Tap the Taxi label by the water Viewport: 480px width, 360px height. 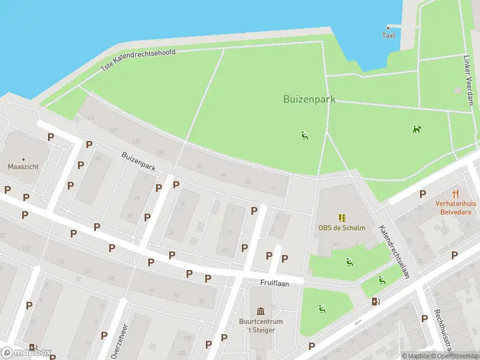389,35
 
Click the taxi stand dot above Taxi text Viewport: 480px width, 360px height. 389,27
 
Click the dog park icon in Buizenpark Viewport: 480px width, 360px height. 416,129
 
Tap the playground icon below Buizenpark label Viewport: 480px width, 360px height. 304,135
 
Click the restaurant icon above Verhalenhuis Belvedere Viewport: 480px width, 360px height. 456,193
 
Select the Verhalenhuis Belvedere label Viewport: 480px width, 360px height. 456,208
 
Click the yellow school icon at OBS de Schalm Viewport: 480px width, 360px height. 341,218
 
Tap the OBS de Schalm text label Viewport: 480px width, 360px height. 341,228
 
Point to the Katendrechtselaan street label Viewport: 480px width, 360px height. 394,252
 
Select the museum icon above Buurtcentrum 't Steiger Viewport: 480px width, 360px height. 261,311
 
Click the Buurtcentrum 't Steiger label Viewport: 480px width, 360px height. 261,325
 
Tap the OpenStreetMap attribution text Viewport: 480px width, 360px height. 456,356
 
